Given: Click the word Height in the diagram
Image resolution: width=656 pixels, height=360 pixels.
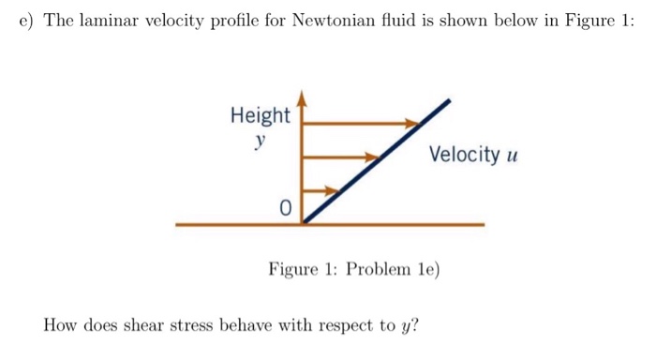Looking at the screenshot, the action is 261,116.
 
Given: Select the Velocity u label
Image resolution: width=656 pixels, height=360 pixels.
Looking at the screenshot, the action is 473,155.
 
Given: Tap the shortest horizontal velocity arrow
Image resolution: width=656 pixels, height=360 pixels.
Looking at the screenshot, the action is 319,190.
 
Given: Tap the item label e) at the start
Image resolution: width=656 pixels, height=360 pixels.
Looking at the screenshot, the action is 27,22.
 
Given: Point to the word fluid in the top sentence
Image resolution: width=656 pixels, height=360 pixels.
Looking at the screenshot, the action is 395,22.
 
